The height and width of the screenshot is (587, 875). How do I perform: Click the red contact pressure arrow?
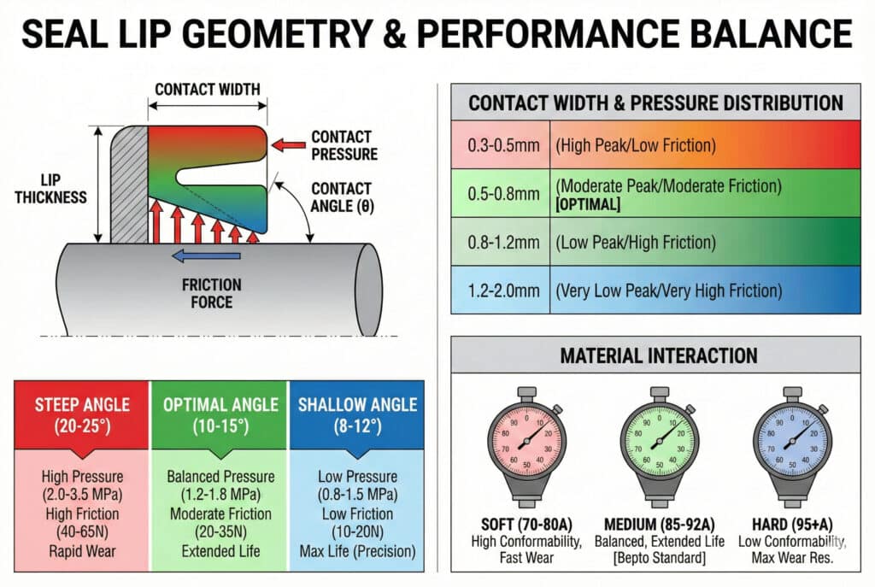coord(287,146)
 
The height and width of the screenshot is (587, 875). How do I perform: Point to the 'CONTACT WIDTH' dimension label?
coord(208,89)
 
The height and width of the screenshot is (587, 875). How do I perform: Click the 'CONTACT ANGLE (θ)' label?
coord(341,196)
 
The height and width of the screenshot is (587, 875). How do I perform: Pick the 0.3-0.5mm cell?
coord(503,144)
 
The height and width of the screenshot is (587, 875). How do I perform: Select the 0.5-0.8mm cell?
coord(503,194)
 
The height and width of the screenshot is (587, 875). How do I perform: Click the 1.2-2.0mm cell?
coord(503,291)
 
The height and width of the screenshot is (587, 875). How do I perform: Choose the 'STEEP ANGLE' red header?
coord(82,413)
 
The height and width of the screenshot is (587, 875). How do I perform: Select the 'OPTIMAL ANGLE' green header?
coord(221,413)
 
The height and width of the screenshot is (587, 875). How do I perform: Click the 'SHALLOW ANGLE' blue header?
coord(356,413)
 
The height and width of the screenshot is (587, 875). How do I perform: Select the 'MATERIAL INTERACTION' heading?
coord(658,355)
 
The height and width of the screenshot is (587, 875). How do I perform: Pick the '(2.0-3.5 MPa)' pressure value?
coord(82,495)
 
